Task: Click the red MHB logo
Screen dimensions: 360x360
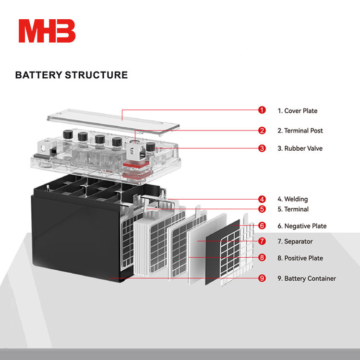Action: click(x=47, y=31)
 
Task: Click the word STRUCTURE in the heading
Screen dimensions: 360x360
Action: click(x=96, y=75)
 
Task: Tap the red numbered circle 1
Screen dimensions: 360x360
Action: click(x=262, y=110)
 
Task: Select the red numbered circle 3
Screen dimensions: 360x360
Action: click(x=262, y=148)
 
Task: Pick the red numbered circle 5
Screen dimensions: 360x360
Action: click(x=262, y=209)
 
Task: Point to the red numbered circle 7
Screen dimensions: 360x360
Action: click(x=262, y=241)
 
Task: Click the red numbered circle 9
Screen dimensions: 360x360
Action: click(x=262, y=278)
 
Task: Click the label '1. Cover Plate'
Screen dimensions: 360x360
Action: click(x=297, y=111)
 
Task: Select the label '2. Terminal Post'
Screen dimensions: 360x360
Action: click(x=300, y=131)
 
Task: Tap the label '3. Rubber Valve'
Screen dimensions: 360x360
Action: click(x=300, y=148)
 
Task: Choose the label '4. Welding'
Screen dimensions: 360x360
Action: click(x=293, y=199)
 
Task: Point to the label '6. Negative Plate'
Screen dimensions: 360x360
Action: click(x=302, y=226)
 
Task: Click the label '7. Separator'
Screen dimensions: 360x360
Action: click(x=295, y=241)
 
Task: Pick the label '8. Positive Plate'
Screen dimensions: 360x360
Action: click(x=300, y=258)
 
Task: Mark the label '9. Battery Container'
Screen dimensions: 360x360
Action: click(x=307, y=278)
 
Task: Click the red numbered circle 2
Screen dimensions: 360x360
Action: click(x=262, y=131)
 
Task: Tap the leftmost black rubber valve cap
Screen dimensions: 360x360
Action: click(x=68, y=134)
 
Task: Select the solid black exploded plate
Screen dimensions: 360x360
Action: click(x=222, y=252)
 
